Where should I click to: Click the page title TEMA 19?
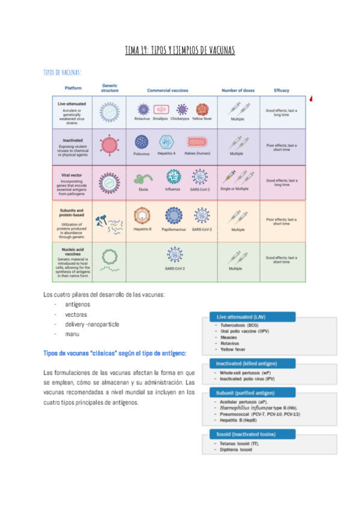[180, 50]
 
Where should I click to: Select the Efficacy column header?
[281, 91]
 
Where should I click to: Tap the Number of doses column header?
[238, 91]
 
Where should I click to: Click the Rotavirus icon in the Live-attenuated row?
[143, 109]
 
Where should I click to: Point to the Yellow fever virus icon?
[202, 109]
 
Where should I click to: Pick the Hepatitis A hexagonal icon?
[166, 143]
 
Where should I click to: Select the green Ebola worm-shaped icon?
[143, 179]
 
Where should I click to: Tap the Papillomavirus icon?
[174, 216]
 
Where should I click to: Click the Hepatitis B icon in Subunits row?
[142, 216]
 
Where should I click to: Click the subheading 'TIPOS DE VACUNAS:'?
[63, 72]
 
